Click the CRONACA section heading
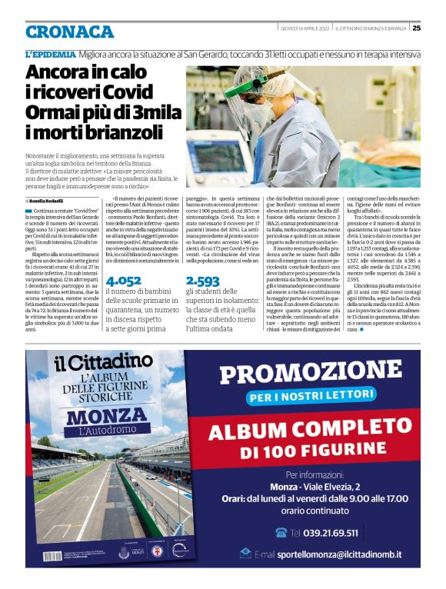(69, 32)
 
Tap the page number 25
(416, 28)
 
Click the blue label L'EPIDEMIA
(51, 55)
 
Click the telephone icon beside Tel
(280, 532)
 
